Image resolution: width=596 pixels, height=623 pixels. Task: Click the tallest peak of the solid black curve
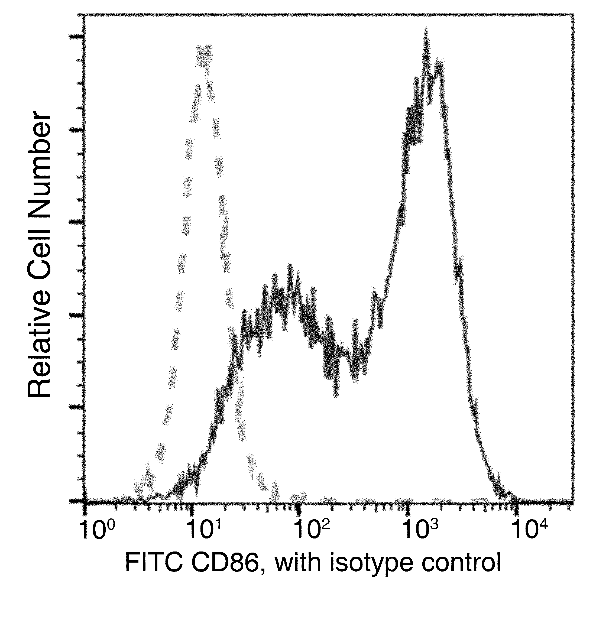pos(426,32)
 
